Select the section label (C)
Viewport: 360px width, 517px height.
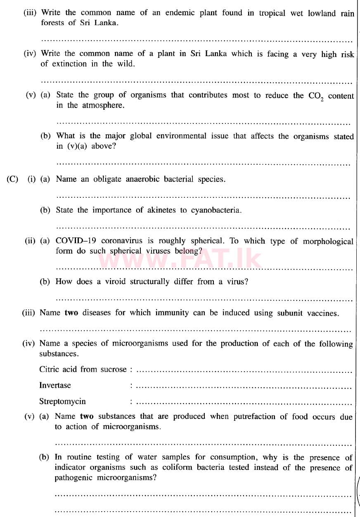tap(12, 179)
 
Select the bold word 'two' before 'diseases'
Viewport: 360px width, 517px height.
tap(71, 313)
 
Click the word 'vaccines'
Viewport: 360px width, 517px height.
tap(324, 313)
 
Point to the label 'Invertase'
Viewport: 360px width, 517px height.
tap(55, 385)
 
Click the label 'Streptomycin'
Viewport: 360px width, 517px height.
tap(62, 401)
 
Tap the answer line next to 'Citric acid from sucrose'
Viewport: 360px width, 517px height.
tap(244, 370)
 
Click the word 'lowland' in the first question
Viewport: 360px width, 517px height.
tap(322, 13)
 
